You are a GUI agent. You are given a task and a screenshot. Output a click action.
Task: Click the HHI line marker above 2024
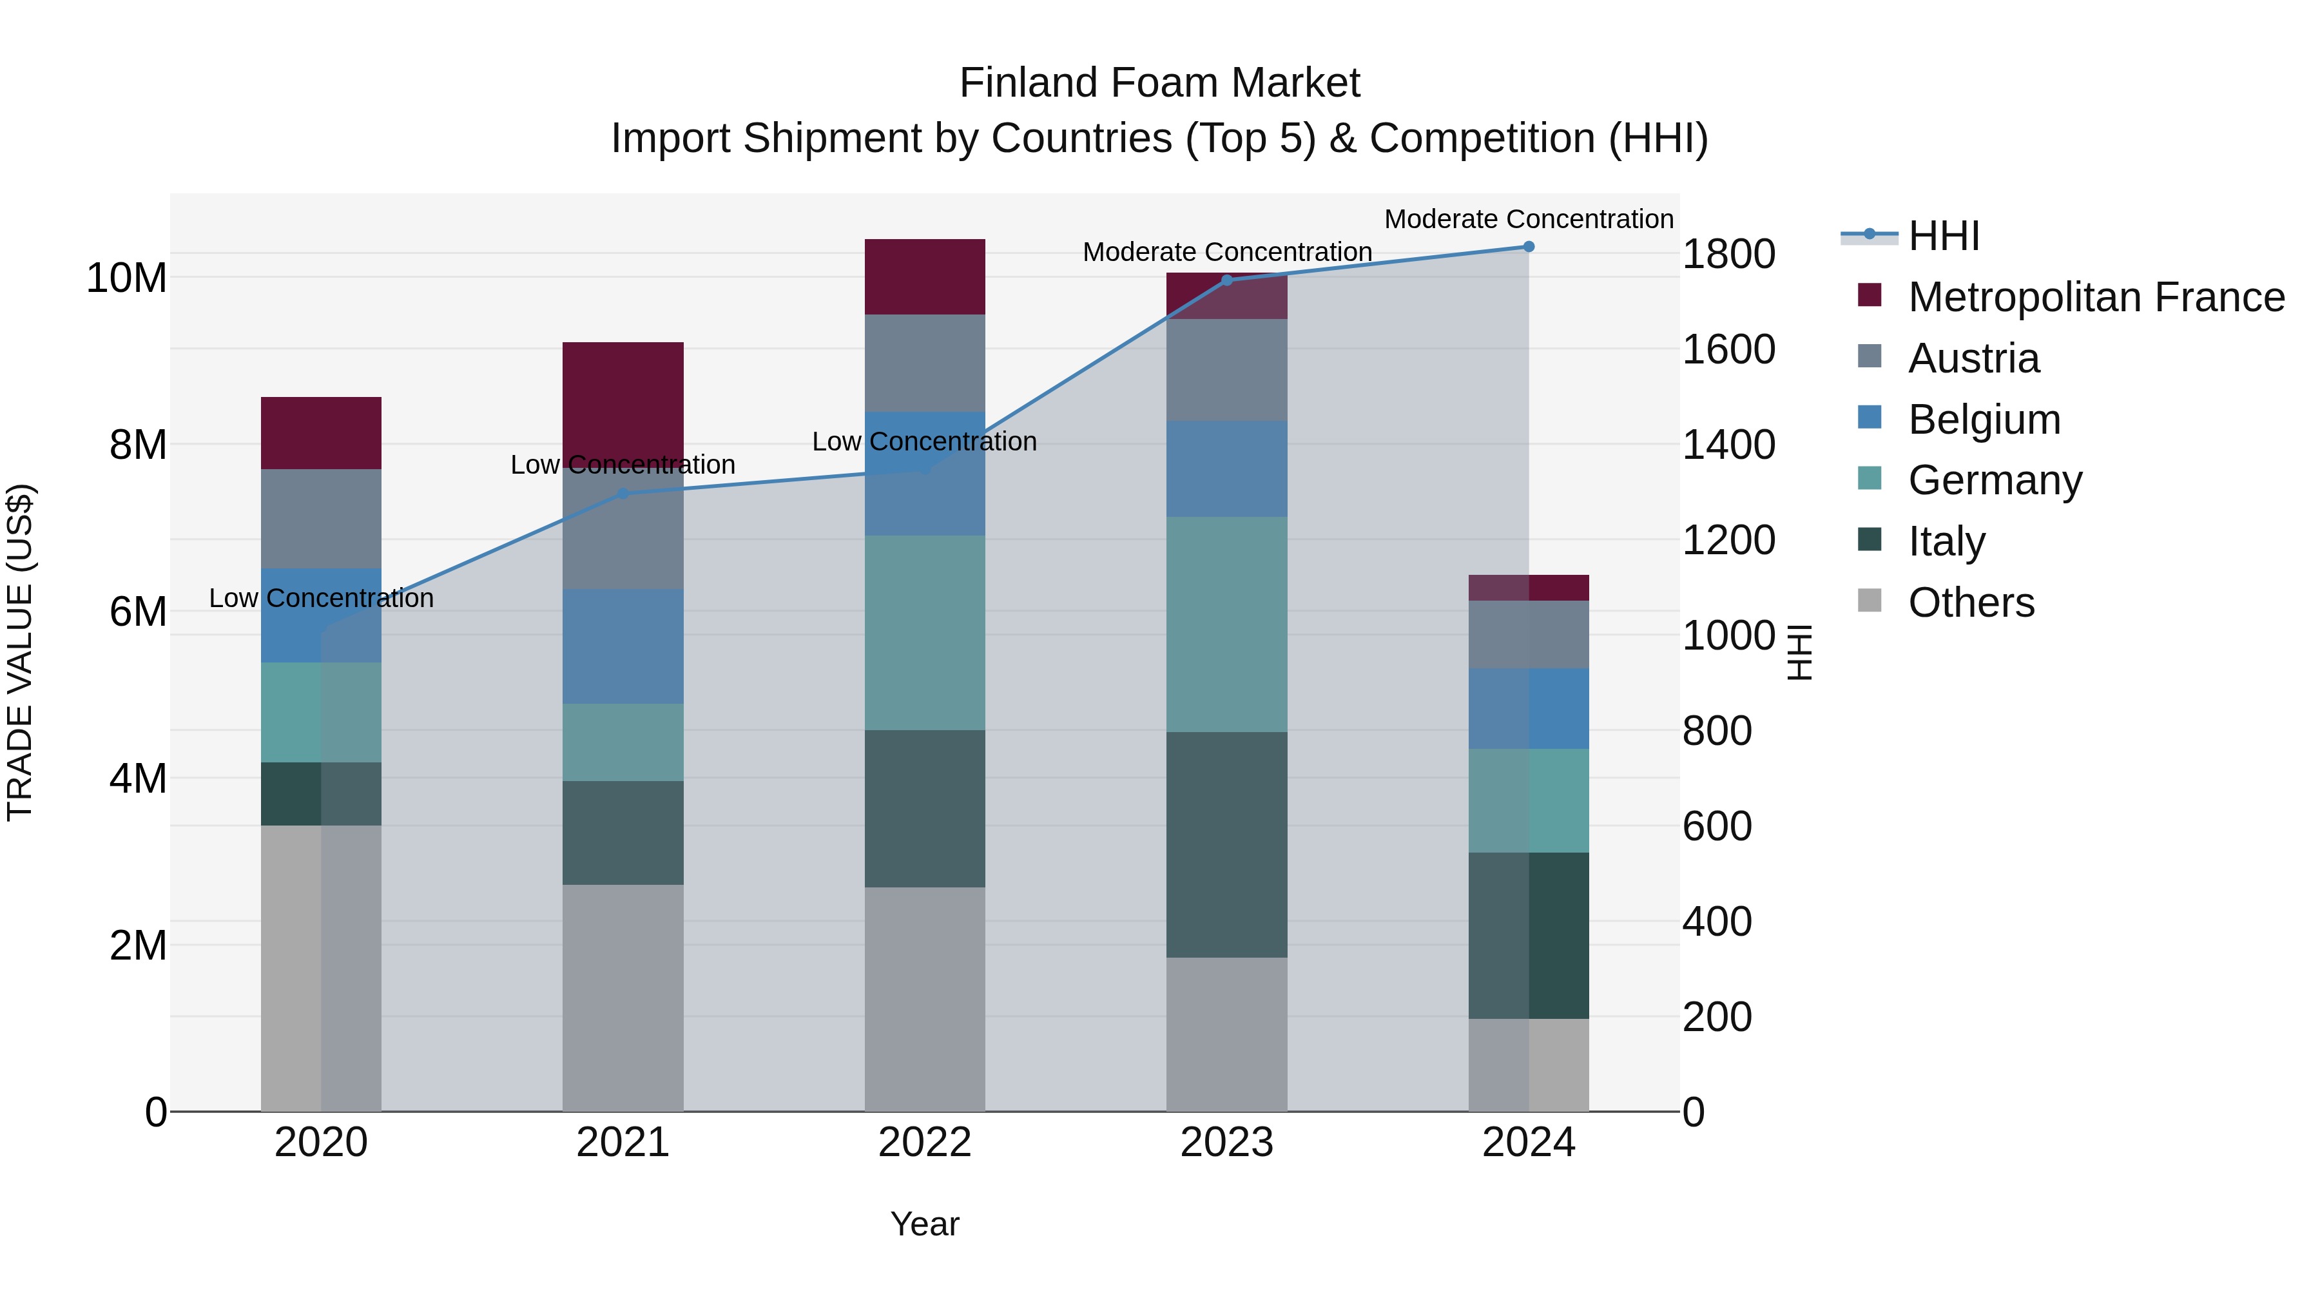point(1529,247)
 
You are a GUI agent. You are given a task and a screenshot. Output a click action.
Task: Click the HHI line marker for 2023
point(1226,280)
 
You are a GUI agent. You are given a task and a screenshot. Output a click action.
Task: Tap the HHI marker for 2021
point(623,494)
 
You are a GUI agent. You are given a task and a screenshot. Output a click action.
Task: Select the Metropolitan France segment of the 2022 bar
point(924,276)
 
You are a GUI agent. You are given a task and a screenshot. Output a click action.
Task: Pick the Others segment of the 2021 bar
point(623,997)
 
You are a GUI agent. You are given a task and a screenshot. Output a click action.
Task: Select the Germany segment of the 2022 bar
point(924,632)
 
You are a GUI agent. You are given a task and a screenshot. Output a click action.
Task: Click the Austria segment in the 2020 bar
point(321,518)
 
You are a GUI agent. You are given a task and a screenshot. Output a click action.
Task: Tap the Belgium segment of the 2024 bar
point(1529,709)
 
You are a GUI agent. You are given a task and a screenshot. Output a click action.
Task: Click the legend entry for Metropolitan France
point(2095,297)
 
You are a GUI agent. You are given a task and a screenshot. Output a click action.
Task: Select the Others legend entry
point(1971,603)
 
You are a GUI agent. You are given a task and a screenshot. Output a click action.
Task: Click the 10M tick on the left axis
point(126,277)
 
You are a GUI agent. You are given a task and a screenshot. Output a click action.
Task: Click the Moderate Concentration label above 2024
point(1529,219)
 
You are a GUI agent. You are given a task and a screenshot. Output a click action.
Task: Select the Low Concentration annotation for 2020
point(321,598)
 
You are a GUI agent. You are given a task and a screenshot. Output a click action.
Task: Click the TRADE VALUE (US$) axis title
point(20,652)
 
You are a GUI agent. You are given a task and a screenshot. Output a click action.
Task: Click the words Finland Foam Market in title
point(1159,83)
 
